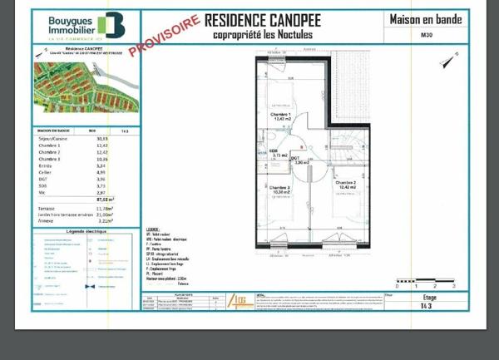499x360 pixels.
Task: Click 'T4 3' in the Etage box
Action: click(428, 304)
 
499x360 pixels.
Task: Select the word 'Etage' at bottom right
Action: click(429, 296)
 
